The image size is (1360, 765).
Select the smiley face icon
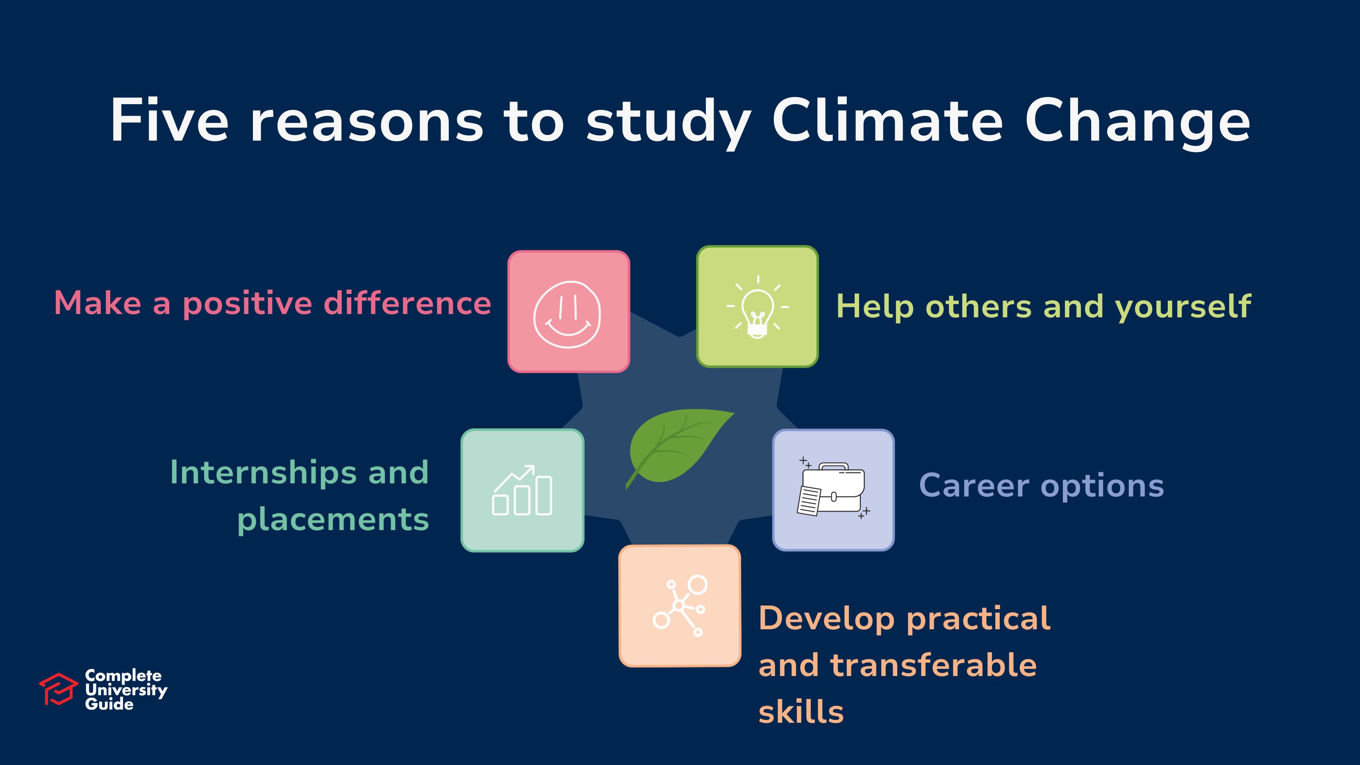567,314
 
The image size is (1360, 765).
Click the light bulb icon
757,307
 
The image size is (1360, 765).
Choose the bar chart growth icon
522,490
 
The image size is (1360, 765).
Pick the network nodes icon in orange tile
680,606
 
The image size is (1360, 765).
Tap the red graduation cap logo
59,689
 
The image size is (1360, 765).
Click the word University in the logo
126,690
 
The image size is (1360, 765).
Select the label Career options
1042,486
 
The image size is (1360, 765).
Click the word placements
333,520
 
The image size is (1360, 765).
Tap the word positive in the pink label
247,305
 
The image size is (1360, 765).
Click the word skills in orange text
801,711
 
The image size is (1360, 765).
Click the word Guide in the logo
109,704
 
